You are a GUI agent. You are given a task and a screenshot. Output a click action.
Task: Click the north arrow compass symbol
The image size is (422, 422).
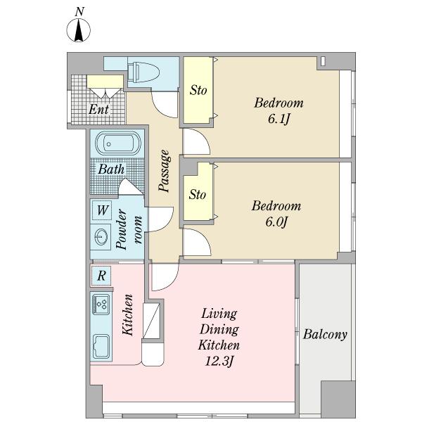coord(78,30)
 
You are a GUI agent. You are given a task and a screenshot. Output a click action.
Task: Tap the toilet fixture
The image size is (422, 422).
coord(143,72)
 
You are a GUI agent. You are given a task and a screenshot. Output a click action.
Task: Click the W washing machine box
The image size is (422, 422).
coord(102,210)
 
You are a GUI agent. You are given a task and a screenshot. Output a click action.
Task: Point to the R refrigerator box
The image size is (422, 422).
coord(101,276)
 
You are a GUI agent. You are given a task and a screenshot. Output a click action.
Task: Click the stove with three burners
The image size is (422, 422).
coord(101,304)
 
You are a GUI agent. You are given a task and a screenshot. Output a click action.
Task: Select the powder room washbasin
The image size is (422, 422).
coord(101,237)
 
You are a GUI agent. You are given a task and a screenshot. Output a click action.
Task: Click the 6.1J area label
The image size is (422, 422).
coord(279,119)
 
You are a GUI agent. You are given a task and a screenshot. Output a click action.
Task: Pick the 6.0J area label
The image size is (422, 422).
coord(276,222)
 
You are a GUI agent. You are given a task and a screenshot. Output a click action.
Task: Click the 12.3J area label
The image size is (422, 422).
coord(219,362)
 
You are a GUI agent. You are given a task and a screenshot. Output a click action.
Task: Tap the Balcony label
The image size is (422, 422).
coord(325,335)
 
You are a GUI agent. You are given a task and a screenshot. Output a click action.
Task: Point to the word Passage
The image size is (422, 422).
coord(165,171)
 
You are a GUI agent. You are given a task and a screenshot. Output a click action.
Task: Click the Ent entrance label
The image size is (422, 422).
coord(98,109)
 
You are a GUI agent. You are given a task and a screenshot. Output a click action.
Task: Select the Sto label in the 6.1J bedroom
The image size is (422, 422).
coord(198,90)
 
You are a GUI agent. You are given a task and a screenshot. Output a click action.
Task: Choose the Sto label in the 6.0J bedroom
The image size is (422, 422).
coord(197,195)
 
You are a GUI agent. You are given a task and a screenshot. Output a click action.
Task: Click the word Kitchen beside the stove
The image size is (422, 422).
coord(128,315)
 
